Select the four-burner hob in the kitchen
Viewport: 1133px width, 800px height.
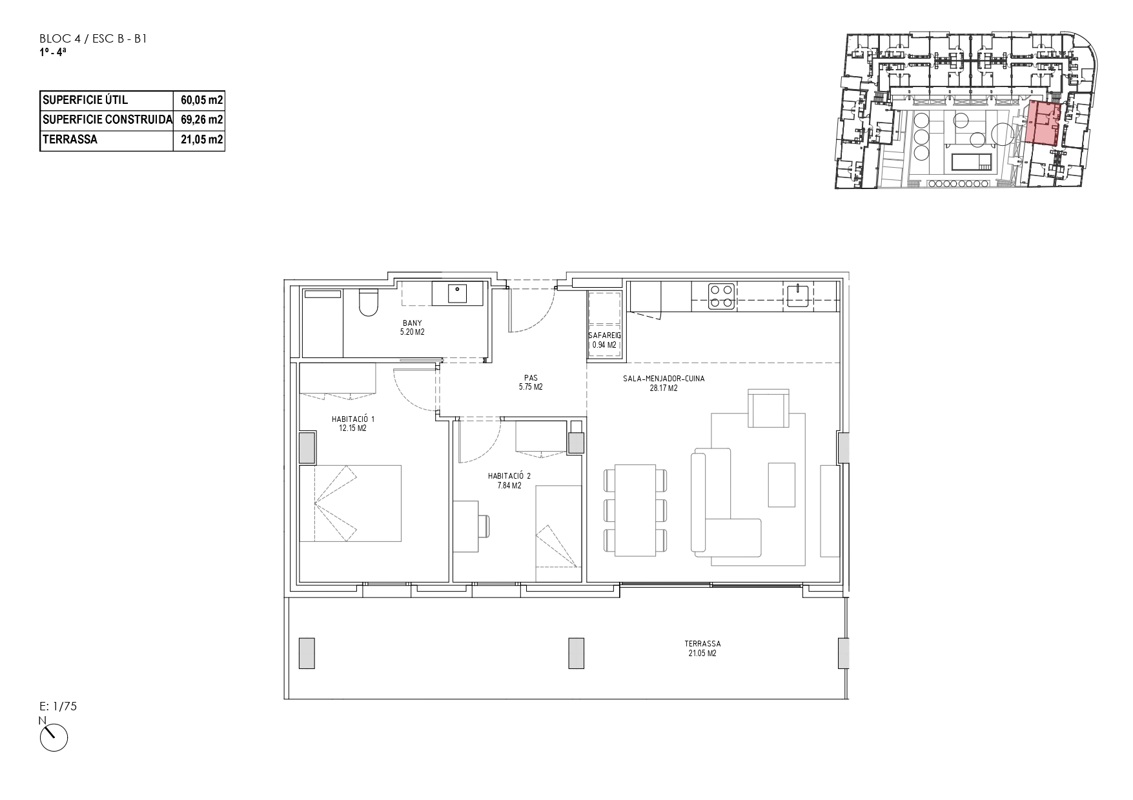(721, 296)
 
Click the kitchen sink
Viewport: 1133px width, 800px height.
(798, 296)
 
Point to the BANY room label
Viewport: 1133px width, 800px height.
(412, 323)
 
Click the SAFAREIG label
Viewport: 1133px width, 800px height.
(604, 336)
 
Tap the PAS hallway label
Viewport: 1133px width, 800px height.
(531, 379)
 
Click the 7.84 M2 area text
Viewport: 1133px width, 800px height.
(509, 486)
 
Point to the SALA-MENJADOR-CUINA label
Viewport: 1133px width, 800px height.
(664, 379)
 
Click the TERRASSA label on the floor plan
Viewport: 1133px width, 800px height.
(702, 644)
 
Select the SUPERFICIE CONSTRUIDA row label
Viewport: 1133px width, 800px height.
(107, 119)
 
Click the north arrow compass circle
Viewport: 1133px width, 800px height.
(54, 737)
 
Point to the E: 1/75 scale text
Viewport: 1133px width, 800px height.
(58, 706)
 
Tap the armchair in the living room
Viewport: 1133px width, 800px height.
(768, 408)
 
